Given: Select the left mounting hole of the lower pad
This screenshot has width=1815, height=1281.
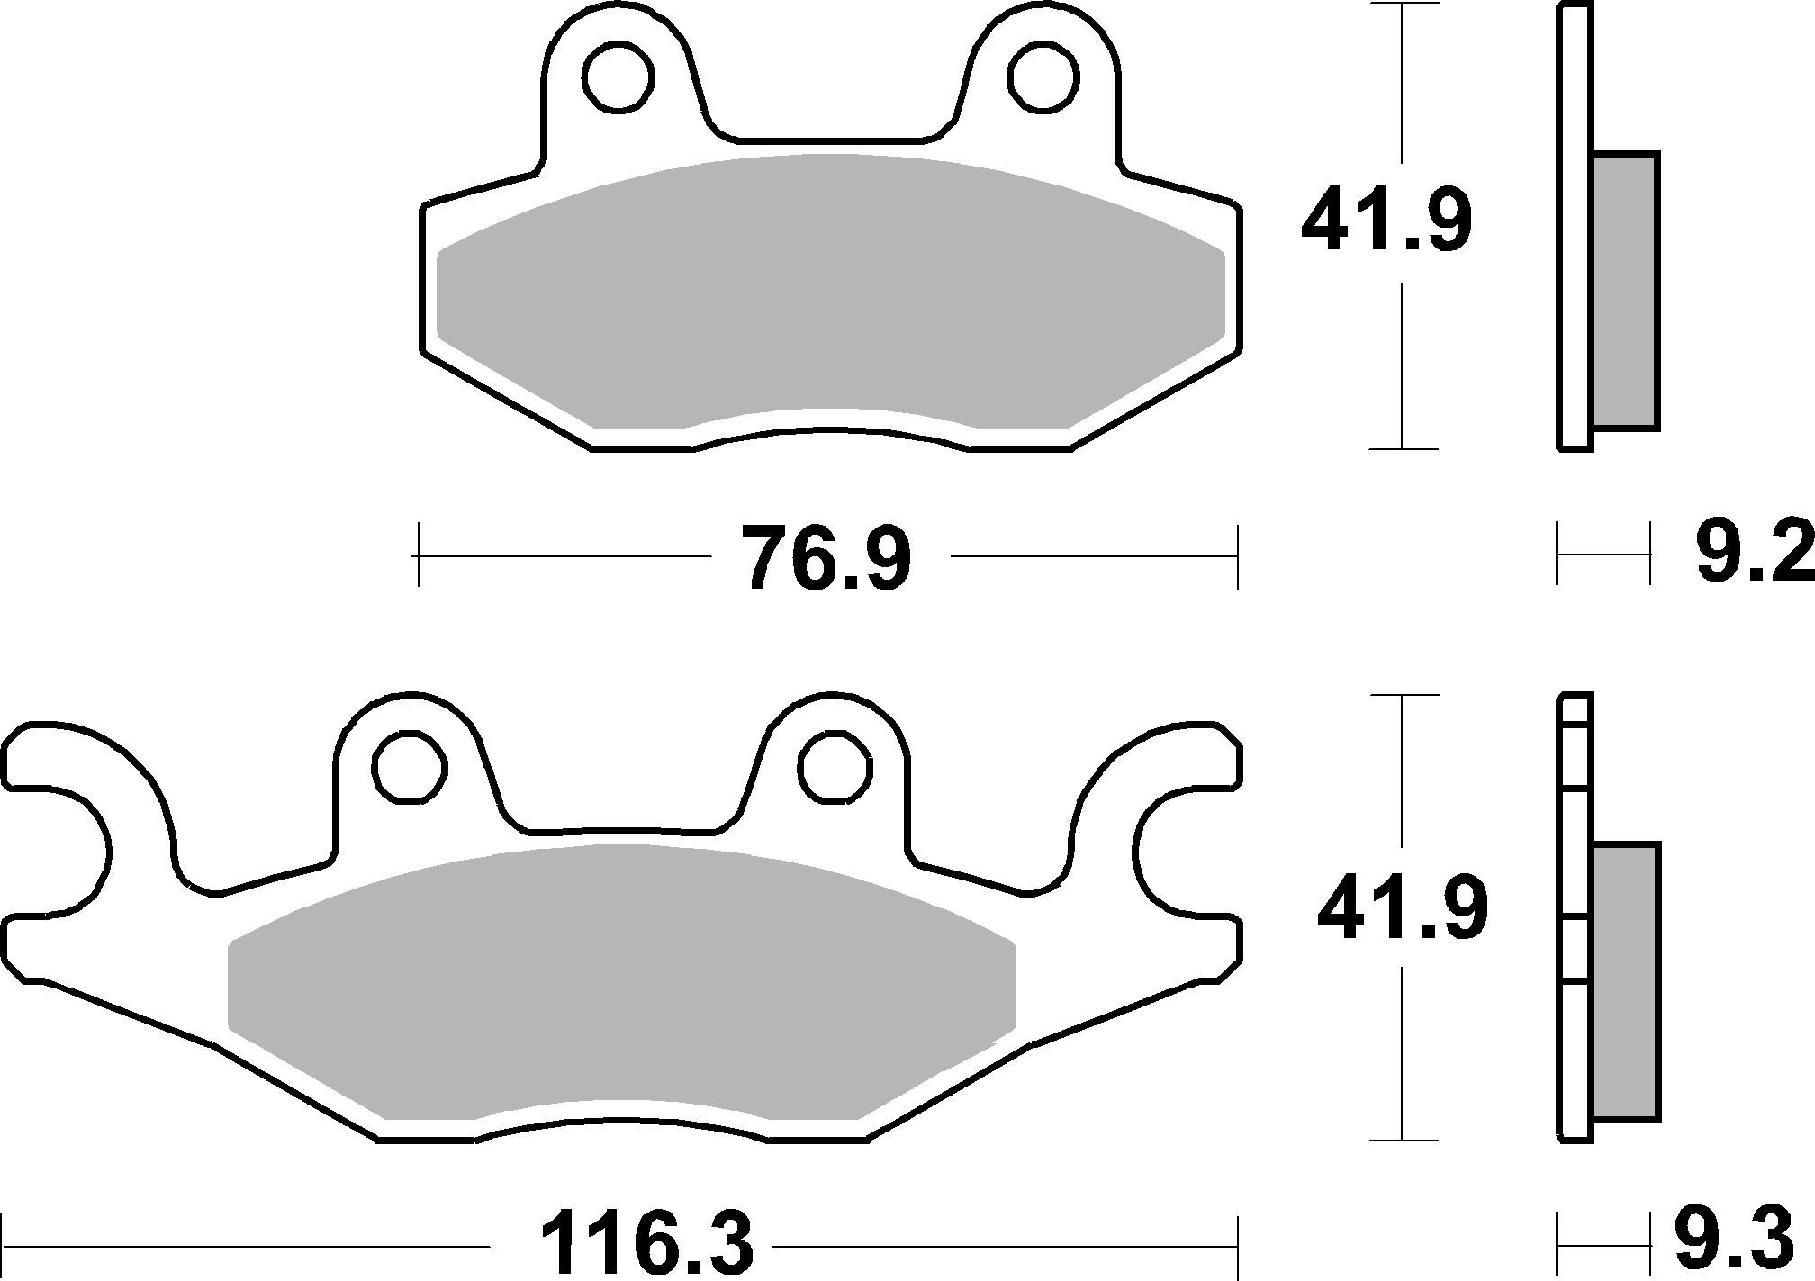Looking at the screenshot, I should pyautogui.click(x=411, y=768).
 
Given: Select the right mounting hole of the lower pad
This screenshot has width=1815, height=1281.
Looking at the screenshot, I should pyautogui.click(x=835, y=768).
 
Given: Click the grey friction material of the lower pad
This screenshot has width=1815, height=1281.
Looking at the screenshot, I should pyautogui.click(x=621, y=990).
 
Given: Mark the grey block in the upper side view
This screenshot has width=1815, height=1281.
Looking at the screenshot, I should pyautogui.click(x=1625, y=290).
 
